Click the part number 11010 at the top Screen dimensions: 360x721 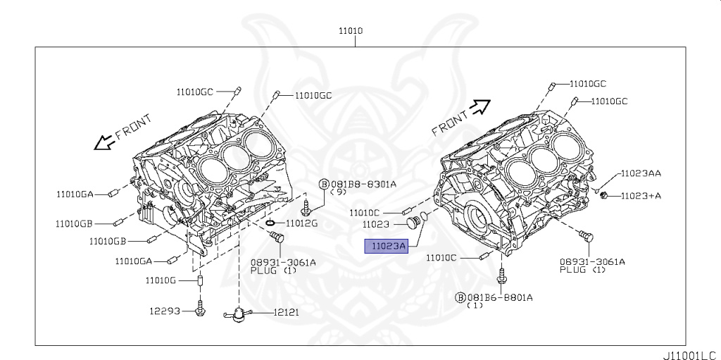pos(351,32)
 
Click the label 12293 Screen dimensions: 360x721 pos(165,310)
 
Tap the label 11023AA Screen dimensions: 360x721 pos(640,173)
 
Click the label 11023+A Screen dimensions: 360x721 pos(640,195)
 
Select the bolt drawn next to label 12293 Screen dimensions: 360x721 pos(201,308)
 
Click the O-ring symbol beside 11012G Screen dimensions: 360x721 pos(271,224)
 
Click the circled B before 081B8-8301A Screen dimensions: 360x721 pos(324,184)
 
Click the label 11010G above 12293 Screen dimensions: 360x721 pos(161,280)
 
